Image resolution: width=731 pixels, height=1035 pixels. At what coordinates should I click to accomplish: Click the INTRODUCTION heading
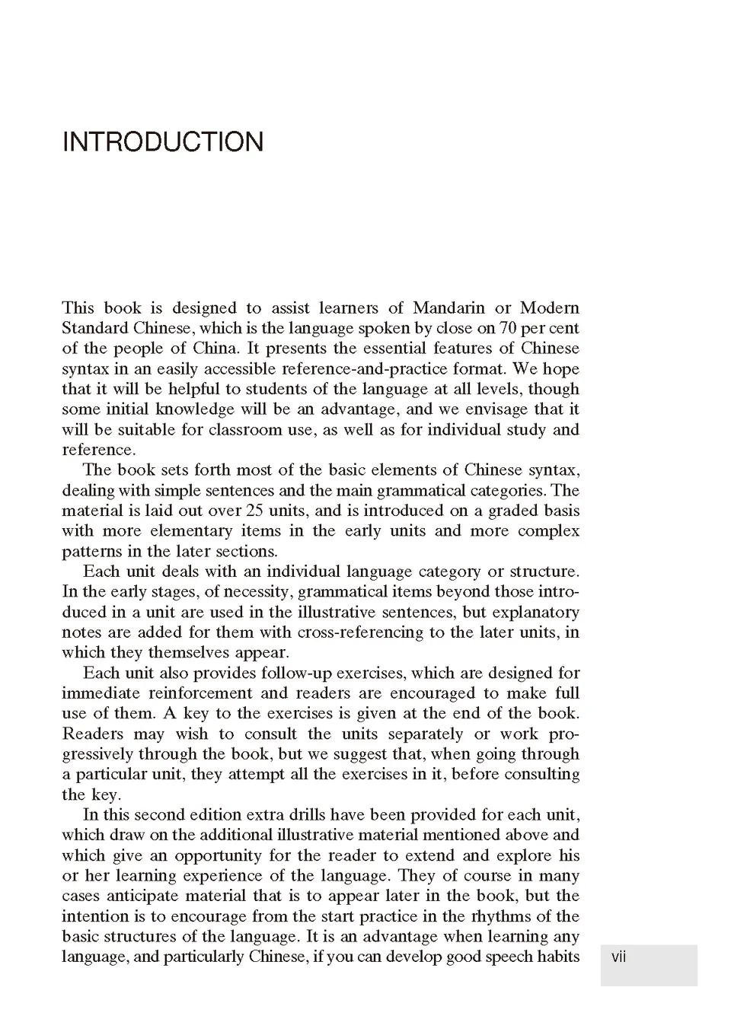[x=163, y=142]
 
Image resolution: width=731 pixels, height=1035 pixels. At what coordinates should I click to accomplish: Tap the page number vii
[x=618, y=957]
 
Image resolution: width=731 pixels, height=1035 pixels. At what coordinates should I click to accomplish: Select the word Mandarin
[x=448, y=308]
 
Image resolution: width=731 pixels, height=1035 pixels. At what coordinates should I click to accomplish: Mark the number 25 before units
[x=254, y=511]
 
